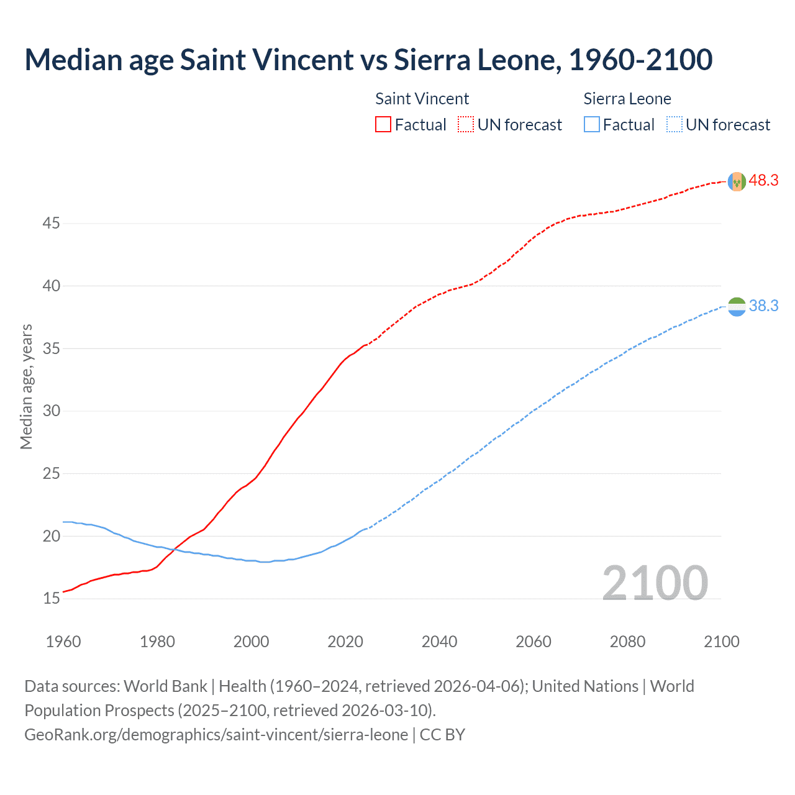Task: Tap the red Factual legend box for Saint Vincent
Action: tap(383, 125)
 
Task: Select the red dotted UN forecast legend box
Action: tap(466, 125)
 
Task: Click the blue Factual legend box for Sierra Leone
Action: tap(592, 125)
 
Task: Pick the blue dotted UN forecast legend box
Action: tap(675, 125)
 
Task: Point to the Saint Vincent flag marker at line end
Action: tap(737, 181)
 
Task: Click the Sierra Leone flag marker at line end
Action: tap(737, 306)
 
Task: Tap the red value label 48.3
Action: tap(763, 181)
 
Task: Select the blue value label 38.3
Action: tap(763, 306)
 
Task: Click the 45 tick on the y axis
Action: tap(51, 223)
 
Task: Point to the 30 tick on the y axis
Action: tap(51, 411)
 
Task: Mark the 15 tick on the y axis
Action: tap(51, 598)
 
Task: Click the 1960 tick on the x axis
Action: tap(63, 642)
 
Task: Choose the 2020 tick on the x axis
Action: tap(345, 642)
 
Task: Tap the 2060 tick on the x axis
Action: tap(534, 642)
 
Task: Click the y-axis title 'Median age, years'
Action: tap(26, 386)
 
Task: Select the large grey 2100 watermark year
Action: tap(655, 583)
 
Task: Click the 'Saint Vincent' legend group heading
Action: tap(422, 99)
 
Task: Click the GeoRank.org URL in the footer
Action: tap(216, 735)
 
